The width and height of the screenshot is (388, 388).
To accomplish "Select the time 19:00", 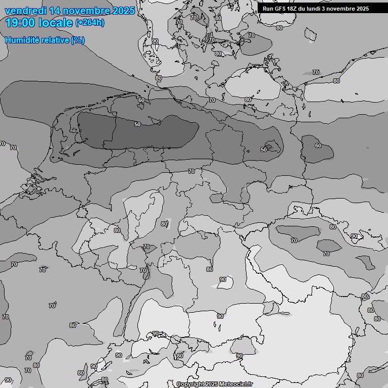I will (20, 23).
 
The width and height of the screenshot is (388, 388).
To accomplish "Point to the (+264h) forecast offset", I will (90, 23).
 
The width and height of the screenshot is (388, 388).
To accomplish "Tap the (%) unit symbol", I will (78, 40).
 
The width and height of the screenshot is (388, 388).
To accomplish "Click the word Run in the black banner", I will (267, 9).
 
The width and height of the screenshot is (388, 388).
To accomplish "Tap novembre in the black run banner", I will (344, 9).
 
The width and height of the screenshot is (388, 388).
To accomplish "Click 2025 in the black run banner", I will (362, 9).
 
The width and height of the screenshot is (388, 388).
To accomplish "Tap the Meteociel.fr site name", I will (235, 384).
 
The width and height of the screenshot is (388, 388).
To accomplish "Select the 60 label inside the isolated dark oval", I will (318, 145).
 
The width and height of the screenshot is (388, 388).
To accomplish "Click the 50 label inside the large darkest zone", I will (137, 124).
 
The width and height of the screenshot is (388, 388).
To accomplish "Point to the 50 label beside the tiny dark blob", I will (263, 150).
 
